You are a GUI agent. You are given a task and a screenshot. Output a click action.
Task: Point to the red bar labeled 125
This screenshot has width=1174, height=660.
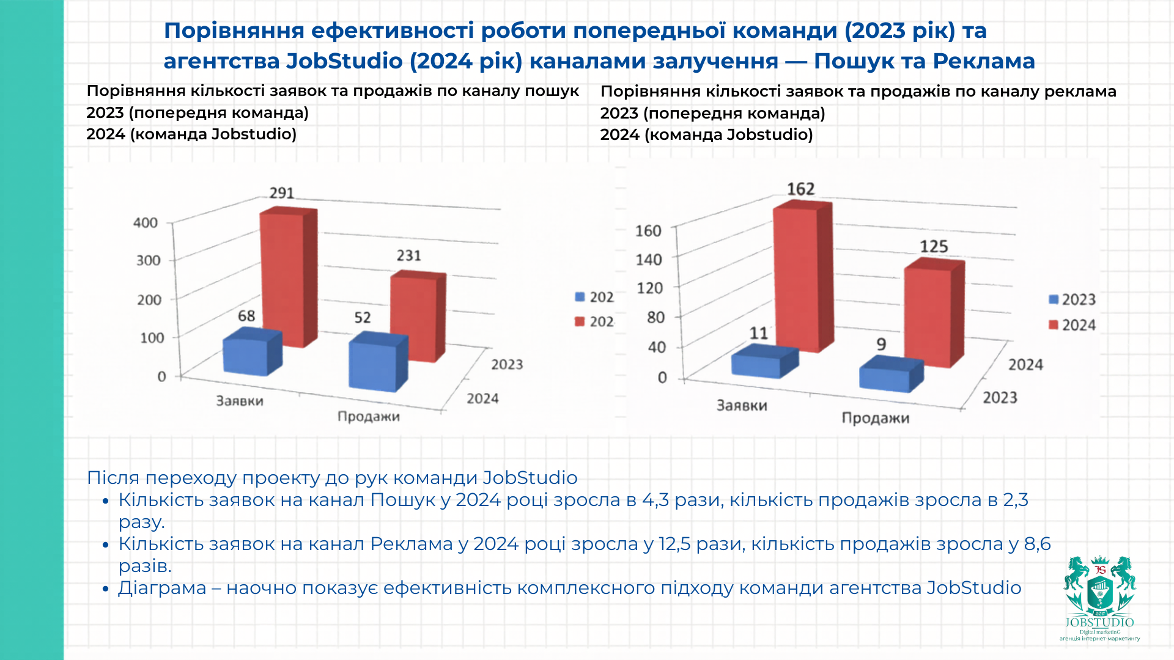929,315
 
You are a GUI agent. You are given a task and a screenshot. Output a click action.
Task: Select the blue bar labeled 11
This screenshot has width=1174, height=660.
758,364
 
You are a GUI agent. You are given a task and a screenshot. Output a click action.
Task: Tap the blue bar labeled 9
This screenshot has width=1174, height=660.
885,377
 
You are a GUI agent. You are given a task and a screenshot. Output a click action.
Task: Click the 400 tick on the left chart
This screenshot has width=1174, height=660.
146,223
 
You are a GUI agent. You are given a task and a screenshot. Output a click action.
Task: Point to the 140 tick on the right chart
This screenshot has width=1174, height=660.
649,260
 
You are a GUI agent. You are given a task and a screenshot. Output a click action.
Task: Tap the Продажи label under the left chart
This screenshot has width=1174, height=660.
369,417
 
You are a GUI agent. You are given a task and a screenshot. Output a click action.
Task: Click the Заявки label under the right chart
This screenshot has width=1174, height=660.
742,405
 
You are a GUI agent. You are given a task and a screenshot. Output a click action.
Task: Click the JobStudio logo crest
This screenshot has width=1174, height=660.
1100,590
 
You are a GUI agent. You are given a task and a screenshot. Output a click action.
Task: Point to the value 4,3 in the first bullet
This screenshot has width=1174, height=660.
655,500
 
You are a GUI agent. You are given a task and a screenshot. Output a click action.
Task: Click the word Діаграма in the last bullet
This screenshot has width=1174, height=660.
162,588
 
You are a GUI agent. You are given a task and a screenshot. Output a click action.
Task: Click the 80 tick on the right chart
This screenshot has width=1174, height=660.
655,318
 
